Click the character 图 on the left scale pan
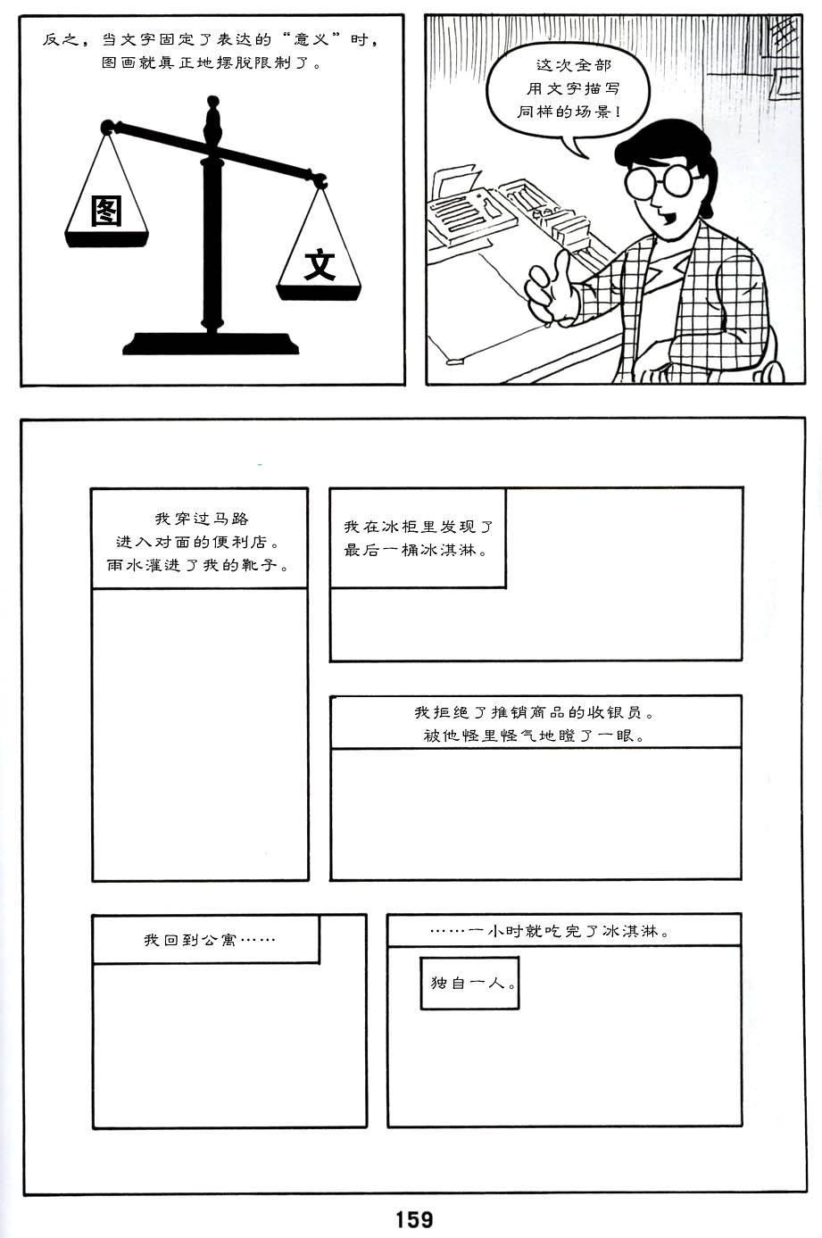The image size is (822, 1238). [x=107, y=211]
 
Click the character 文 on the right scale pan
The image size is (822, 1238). [x=320, y=265]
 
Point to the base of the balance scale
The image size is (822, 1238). [x=211, y=344]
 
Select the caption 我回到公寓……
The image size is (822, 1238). [x=209, y=940]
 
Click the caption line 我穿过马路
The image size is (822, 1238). [x=202, y=519]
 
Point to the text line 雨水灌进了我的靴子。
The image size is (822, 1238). [x=198, y=565]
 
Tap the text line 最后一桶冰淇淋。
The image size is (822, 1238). [x=416, y=550]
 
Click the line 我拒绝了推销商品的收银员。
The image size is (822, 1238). [x=535, y=712]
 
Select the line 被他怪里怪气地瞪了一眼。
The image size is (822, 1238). [x=535, y=735]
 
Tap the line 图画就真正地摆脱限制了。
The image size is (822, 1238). [x=212, y=62]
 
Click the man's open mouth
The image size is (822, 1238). [x=668, y=220]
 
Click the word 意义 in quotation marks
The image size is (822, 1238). [x=310, y=40]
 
